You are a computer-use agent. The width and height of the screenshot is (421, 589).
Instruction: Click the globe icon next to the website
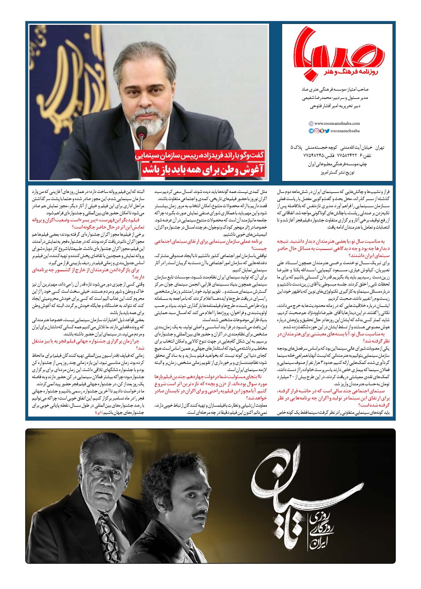tap(311, 124)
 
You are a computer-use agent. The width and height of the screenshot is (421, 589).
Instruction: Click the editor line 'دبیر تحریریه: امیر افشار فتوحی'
tap(335, 107)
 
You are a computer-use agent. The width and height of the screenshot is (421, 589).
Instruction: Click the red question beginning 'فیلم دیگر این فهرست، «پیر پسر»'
tap(88, 223)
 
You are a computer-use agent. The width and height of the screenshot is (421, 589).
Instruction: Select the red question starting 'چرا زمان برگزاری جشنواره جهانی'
tap(88, 344)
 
